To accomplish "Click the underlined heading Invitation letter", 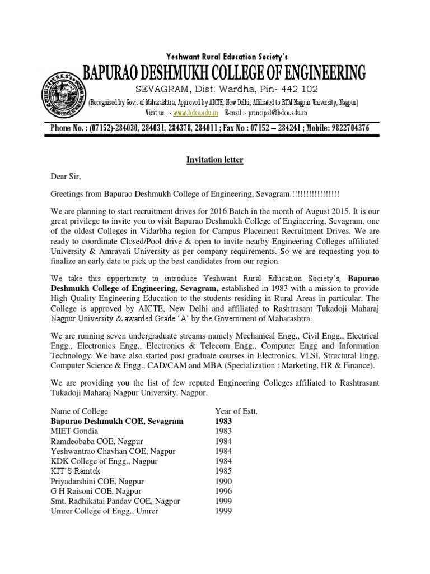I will point(215,160).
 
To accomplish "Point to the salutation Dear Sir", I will point(66,178).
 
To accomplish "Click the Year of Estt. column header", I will point(235,410).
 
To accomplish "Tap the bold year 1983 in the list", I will point(225,420).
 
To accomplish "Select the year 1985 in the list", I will point(224,471).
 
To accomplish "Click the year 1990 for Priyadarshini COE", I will point(224,481).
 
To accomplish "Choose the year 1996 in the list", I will point(224,491).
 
